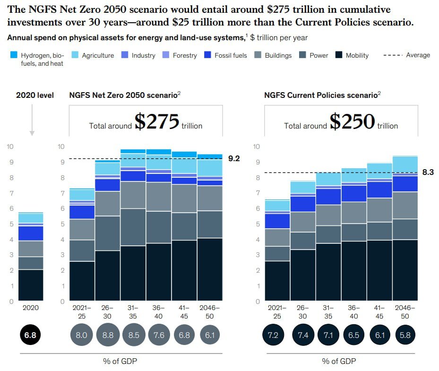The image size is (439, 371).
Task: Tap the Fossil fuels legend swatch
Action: coord(207,55)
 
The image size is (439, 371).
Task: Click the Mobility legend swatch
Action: coord(339,55)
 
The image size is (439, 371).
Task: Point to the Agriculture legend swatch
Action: coord(75,55)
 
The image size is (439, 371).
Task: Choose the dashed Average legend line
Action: coord(392,55)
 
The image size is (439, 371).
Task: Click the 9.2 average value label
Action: coord(234,159)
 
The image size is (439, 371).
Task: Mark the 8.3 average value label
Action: coord(428,173)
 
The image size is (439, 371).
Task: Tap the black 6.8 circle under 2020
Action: coord(31,335)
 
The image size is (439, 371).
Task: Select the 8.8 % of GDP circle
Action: coord(108,335)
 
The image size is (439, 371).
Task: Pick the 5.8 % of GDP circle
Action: coord(405,335)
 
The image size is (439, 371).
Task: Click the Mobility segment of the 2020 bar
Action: coord(31,285)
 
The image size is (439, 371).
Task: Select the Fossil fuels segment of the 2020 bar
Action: coord(31,233)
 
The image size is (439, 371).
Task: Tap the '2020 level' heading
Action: coord(35,95)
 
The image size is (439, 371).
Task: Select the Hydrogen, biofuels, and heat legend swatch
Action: coord(14,55)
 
